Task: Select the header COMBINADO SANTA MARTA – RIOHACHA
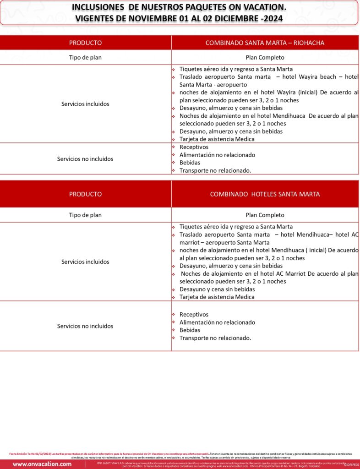point(265,43)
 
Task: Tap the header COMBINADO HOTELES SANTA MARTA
point(265,194)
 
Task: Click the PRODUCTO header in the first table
point(85,43)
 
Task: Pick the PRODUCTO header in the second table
point(85,194)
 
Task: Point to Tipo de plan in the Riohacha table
point(85,58)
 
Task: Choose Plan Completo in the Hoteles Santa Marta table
point(265,215)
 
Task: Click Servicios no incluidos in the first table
point(85,159)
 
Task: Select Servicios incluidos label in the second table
point(85,262)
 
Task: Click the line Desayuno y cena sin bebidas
point(217,289)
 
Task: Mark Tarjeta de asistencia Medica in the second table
point(217,297)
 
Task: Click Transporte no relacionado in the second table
point(215,338)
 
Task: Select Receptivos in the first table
point(194,147)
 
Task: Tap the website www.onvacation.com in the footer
point(42,464)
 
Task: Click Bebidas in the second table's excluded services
point(190,330)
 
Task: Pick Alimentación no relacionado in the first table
point(217,155)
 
